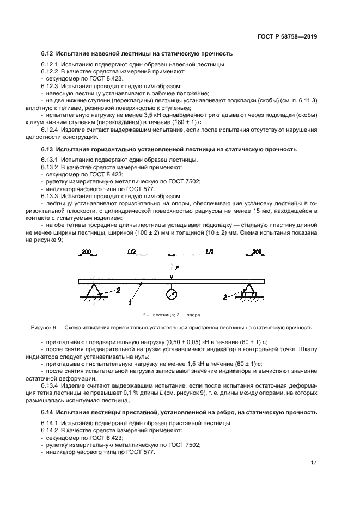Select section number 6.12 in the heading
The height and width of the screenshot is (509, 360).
click(47, 54)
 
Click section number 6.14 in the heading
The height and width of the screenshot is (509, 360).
click(47, 412)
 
